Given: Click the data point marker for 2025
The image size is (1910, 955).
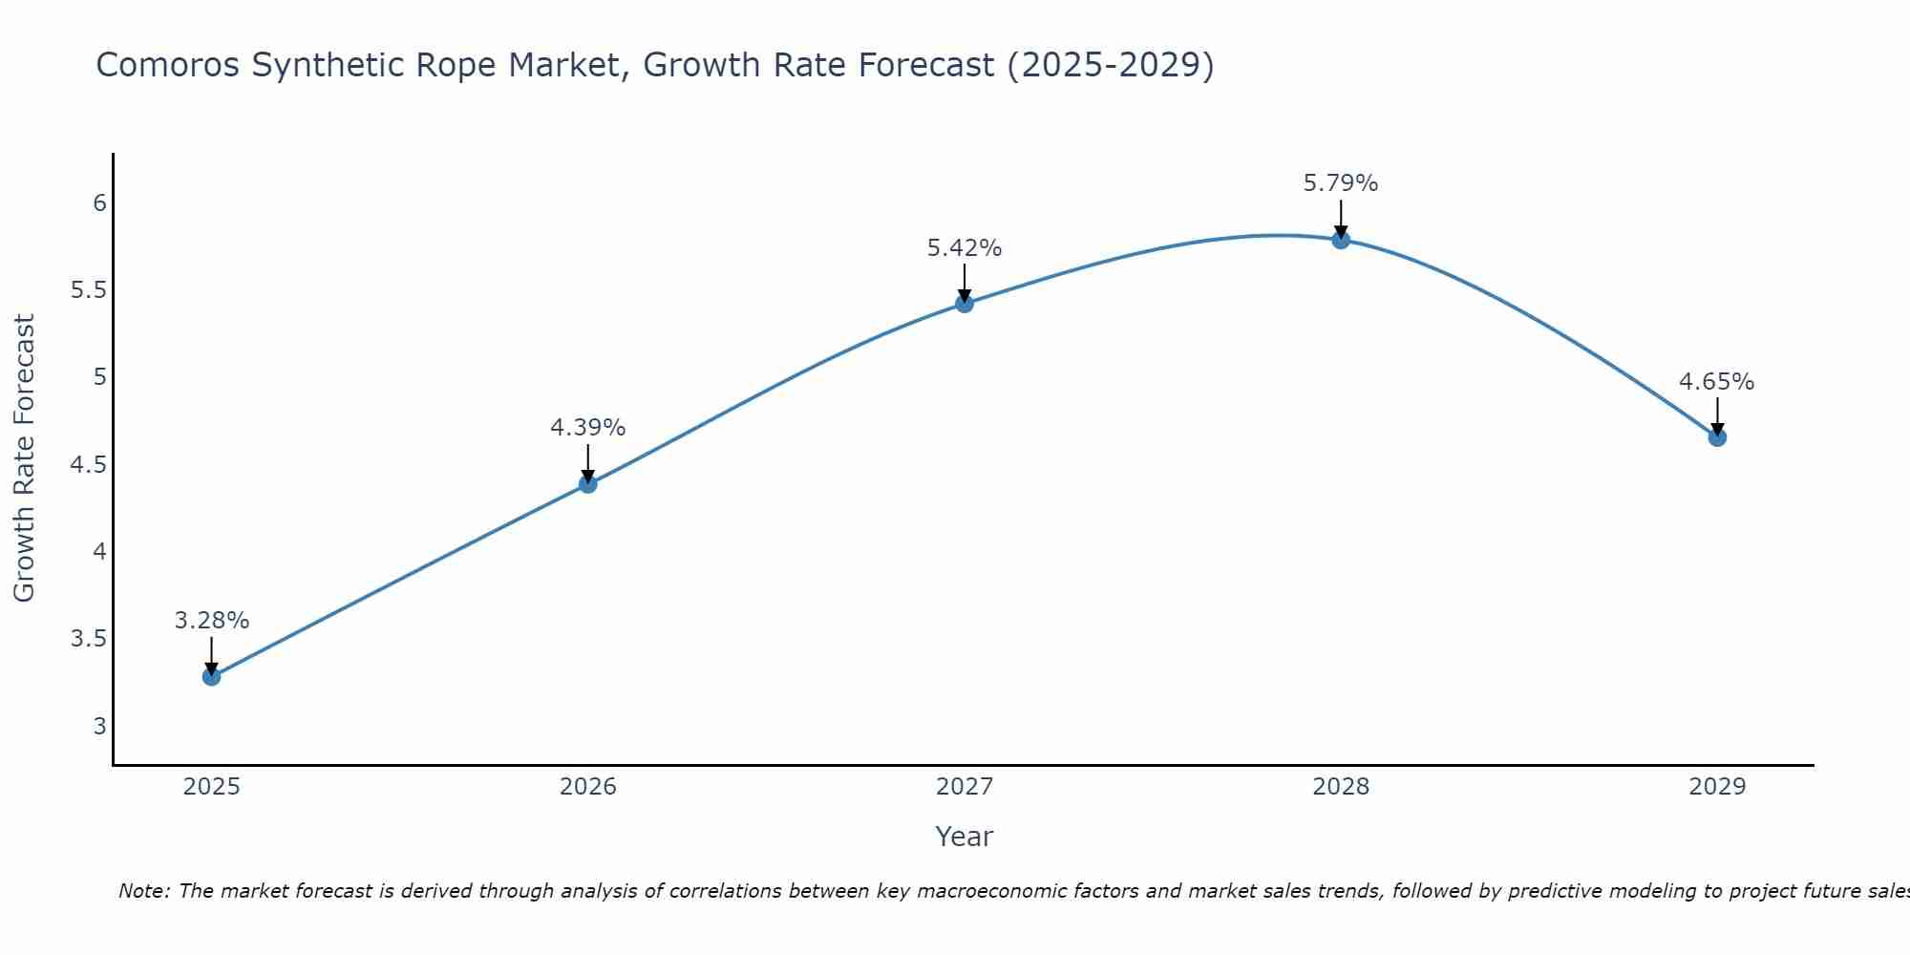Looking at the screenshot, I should pyautogui.click(x=211, y=676).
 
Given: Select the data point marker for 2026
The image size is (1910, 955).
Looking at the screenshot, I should pyautogui.click(x=587, y=483).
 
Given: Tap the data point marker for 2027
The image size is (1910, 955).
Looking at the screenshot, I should pyautogui.click(x=964, y=304).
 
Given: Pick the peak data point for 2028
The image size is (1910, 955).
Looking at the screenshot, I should pyautogui.click(x=1340, y=240).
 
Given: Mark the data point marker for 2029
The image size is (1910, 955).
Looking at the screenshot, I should pyautogui.click(x=1716, y=437).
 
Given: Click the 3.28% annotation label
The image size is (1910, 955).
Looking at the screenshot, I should pyautogui.click(x=211, y=621).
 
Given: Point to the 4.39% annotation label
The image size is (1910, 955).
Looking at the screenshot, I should pyautogui.click(x=587, y=428).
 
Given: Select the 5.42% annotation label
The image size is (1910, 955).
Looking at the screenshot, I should pyautogui.click(x=964, y=248).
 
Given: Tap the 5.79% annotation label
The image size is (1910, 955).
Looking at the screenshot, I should pyautogui.click(x=1340, y=183).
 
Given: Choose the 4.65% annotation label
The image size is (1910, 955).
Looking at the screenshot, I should pyautogui.click(x=1716, y=382).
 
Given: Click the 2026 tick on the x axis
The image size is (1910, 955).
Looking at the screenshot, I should pyautogui.click(x=587, y=787).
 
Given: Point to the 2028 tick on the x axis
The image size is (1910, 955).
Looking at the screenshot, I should pyautogui.click(x=1340, y=787).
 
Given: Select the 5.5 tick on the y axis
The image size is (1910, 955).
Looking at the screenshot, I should pyautogui.click(x=88, y=290).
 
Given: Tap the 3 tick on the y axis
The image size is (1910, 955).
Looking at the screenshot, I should pyautogui.click(x=99, y=726).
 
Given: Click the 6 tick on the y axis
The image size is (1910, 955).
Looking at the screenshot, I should pyautogui.click(x=99, y=203).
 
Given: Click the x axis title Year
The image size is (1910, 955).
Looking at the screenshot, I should pyautogui.click(x=964, y=837).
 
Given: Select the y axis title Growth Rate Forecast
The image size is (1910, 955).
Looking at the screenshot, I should pyautogui.click(x=24, y=458).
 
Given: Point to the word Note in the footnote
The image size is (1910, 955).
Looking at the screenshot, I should pyautogui.click(x=143, y=891).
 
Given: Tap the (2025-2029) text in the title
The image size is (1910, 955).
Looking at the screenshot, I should pyautogui.click(x=1110, y=66).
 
